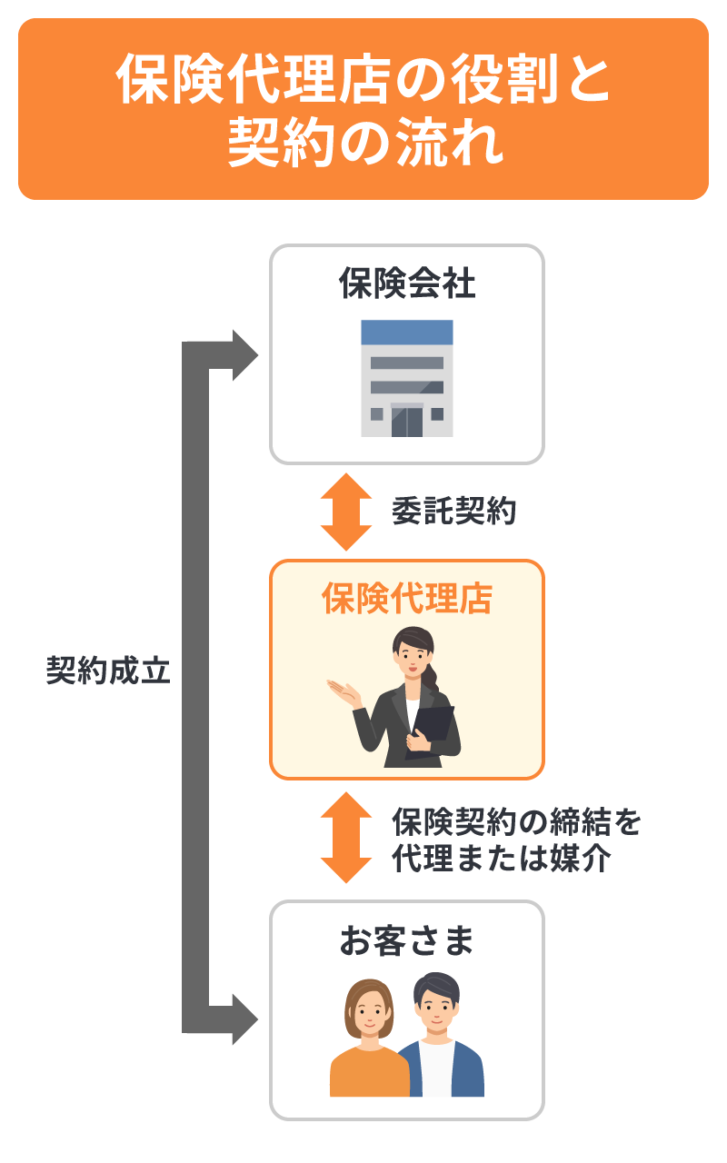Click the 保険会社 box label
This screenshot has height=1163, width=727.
point(406,283)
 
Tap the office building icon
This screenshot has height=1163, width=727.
point(406,378)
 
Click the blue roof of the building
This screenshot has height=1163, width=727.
point(406,332)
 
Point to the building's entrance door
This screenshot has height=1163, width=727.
point(406,421)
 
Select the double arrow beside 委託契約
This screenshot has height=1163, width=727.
point(346,512)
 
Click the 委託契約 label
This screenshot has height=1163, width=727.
point(453,512)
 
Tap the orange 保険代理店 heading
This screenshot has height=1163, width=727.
point(406,599)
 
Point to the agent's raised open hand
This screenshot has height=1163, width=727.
point(343,691)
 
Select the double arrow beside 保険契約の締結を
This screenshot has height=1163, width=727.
point(346,837)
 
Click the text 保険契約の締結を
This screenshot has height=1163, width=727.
point(516,821)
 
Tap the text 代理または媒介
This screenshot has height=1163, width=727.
point(500,859)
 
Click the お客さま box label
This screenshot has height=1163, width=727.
point(406,942)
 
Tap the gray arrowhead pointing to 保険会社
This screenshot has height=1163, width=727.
point(243,355)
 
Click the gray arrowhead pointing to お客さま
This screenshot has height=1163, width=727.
point(243,1019)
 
